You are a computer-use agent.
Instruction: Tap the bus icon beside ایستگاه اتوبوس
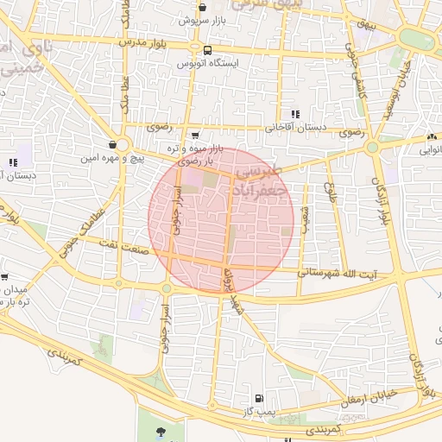pos(207,50)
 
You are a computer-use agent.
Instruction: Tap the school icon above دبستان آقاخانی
pos(296,114)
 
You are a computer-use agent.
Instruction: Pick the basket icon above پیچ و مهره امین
pos(113,145)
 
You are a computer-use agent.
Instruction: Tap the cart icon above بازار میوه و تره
pos(195,136)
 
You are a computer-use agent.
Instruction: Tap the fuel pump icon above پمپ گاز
pos(258,399)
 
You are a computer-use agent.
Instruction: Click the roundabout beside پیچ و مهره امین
pos(122,146)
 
